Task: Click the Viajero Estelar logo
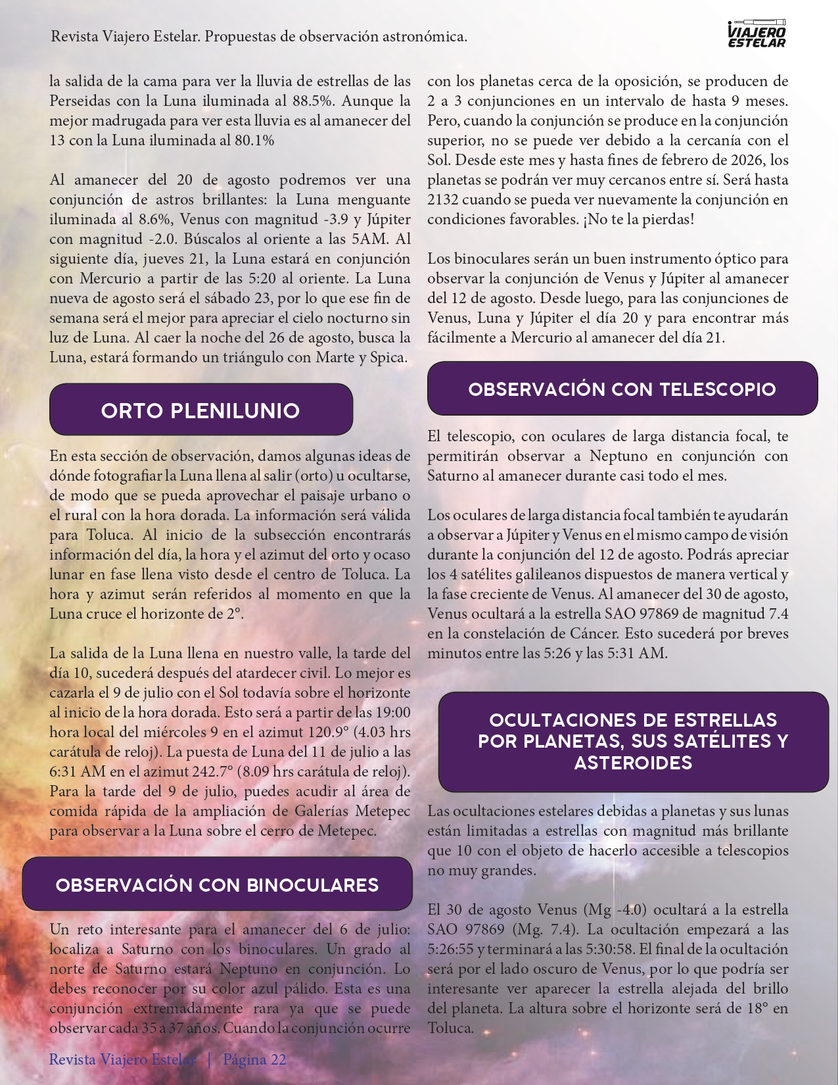757,34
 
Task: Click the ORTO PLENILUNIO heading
200,410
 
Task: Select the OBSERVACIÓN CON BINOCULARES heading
217,884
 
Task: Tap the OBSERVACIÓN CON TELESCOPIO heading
622,389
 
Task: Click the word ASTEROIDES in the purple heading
633,763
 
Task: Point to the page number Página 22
254,1059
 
